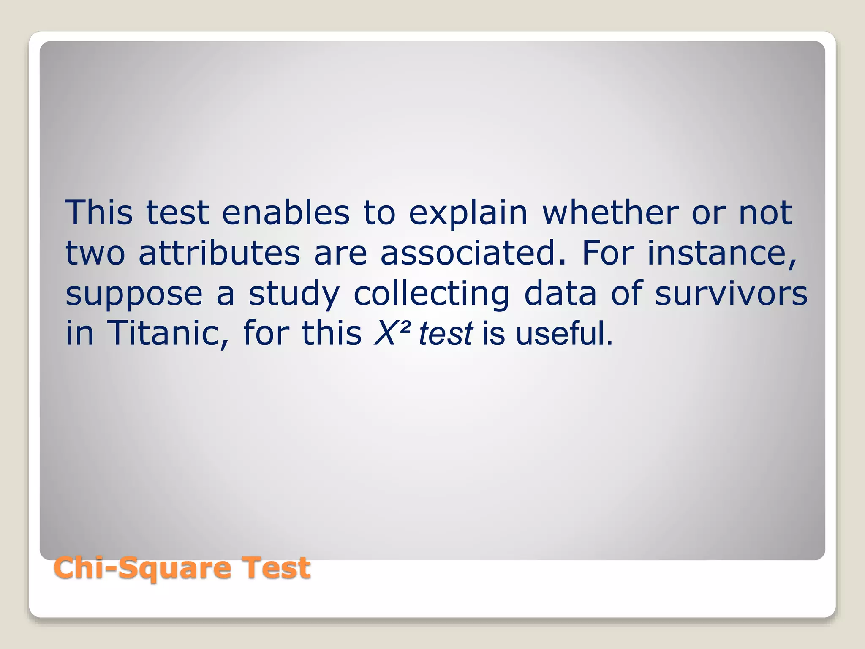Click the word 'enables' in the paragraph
tap(286, 213)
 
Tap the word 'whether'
tap(610, 213)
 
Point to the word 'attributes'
tap(219, 253)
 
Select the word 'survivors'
tap(731, 294)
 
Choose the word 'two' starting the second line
tap(95, 254)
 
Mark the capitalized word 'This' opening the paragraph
tap(99, 213)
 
